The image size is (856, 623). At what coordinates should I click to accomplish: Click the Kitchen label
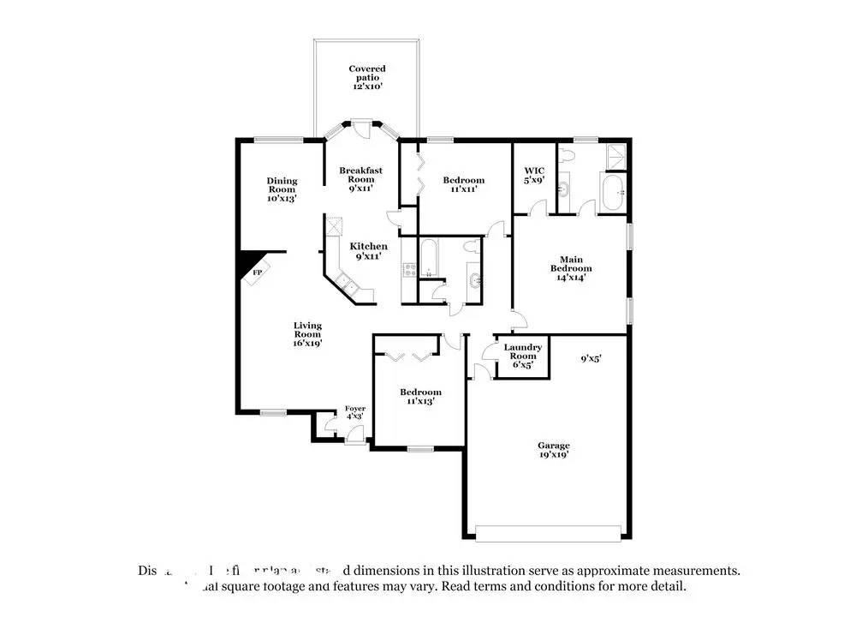(367, 251)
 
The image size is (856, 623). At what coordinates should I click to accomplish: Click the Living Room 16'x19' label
(307, 333)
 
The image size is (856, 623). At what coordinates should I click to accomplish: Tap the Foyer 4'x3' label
(354, 413)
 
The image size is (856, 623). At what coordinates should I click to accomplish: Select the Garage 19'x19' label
(553, 450)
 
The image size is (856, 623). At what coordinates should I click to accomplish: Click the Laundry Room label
(522, 356)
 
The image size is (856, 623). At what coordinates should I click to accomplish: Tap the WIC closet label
(534, 175)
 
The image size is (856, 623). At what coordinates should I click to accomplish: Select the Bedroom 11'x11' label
(463, 184)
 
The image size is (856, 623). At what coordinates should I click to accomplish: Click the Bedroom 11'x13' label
(421, 396)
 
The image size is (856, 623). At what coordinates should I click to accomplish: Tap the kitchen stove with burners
(409, 270)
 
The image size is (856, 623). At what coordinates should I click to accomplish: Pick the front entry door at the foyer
(352, 437)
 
